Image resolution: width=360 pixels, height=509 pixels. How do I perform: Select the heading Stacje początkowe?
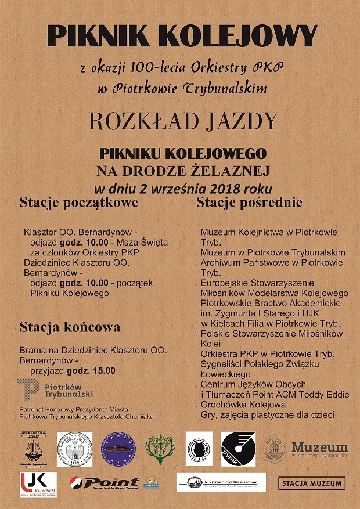pyautogui.click(x=79, y=203)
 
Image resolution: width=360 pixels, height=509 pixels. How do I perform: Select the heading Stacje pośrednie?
pyautogui.click(x=249, y=203)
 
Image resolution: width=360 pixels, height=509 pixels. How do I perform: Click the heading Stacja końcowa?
pyautogui.click(x=70, y=327)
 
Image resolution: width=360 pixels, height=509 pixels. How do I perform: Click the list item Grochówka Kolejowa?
pyautogui.click(x=243, y=405)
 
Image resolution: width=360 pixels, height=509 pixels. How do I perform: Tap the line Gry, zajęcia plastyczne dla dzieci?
pyautogui.click(x=268, y=415)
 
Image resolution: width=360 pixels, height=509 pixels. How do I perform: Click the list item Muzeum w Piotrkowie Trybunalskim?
pyautogui.click(x=273, y=252)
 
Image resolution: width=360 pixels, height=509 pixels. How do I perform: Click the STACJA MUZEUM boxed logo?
pyautogui.click(x=312, y=483)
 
